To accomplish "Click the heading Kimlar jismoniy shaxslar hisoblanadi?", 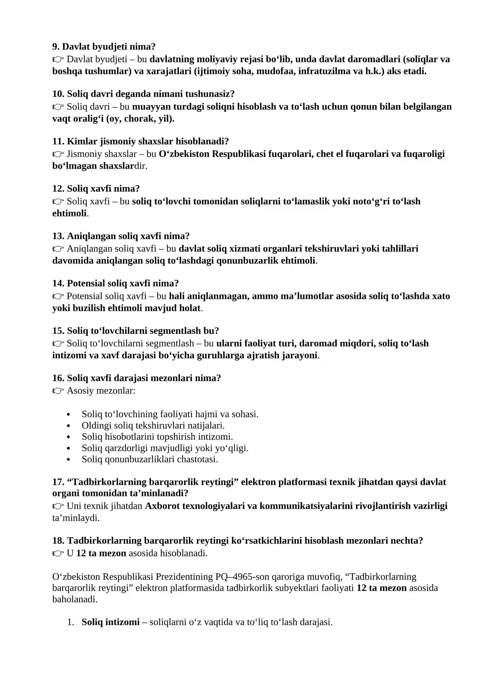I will point(140,141).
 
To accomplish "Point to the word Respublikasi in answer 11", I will point(238,154).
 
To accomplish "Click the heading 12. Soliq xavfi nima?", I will point(96,189).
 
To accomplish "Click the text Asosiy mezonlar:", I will point(101,390).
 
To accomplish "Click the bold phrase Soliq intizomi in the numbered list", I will point(110,622).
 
